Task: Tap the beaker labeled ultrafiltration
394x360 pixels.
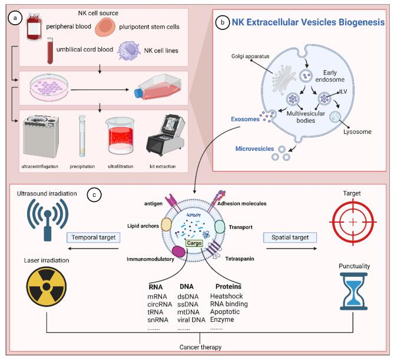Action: tap(124, 138)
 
